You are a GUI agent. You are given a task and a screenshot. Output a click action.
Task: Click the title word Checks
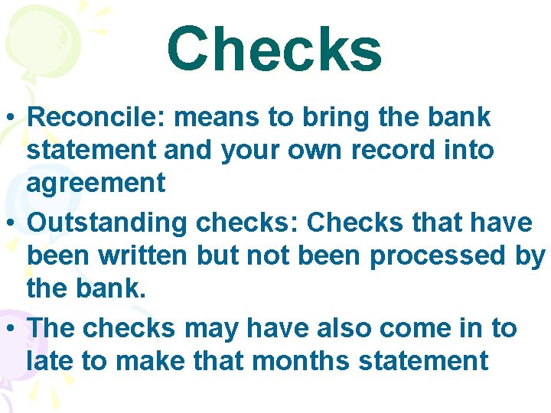274,50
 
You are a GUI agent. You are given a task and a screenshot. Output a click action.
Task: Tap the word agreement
96,183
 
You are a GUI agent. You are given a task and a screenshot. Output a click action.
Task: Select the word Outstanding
106,223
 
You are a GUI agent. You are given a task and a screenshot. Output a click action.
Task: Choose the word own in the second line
310,150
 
